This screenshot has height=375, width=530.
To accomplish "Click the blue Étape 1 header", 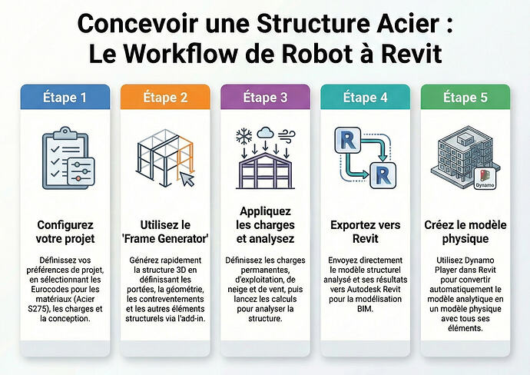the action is [x=65, y=97].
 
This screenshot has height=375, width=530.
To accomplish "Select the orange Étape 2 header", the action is [x=165, y=97].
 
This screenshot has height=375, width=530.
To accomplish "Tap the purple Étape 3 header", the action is [x=265, y=97].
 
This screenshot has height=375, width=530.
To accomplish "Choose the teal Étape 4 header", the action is [x=366, y=97].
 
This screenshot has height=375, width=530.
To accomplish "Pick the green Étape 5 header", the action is [x=465, y=97].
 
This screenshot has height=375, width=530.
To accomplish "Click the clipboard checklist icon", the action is [x=68, y=158].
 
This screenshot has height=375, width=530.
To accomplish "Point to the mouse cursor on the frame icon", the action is [x=187, y=179].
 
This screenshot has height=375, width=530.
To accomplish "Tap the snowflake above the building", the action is [x=243, y=136].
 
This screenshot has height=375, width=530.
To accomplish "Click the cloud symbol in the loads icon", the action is [x=265, y=132].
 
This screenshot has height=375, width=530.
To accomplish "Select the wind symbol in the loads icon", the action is [x=287, y=135].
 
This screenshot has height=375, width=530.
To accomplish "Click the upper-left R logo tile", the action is [x=347, y=140].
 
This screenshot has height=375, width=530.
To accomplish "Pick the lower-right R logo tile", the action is [x=383, y=175].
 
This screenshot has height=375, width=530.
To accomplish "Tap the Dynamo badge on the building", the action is [x=485, y=178].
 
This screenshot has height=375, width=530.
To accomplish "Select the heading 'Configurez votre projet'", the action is [x=65, y=231].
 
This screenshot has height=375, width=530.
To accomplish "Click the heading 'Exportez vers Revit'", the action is [x=366, y=231].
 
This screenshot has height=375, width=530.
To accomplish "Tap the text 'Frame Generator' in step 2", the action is [x=165, y=239].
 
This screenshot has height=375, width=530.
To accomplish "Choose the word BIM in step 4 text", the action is [x=365, y=309].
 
